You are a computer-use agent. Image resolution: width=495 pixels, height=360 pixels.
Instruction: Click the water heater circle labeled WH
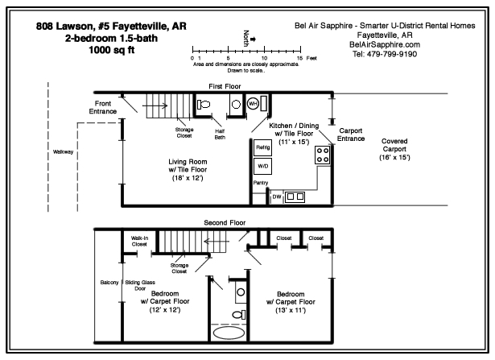point(253,104)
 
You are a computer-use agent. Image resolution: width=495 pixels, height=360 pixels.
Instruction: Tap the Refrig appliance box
point(262,147)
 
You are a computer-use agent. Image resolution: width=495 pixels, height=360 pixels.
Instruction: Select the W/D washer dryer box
point(262,166)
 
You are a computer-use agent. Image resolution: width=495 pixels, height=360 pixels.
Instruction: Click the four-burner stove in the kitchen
point(323,155)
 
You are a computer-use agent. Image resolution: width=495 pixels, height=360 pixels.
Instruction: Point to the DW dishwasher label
point(277,197)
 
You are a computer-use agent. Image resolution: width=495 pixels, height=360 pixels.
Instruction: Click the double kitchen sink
point(295,197)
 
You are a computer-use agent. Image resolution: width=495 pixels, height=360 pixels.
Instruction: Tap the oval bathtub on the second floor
point(229,333)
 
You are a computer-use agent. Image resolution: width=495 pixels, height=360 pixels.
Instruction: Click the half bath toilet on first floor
point(204,104)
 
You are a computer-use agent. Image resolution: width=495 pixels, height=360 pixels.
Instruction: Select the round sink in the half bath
point(236,104)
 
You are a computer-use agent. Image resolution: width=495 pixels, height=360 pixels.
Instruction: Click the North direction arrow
point(253,39)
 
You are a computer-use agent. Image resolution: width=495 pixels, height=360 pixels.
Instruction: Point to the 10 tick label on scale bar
point(264,58)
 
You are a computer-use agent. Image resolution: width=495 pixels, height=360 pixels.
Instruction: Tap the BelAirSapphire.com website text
point(385,44)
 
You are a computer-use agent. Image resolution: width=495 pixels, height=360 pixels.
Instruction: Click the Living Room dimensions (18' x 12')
point(188,178)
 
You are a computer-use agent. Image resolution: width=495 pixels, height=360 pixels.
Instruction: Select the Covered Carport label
point(394,145)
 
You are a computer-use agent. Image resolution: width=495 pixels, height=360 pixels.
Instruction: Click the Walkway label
point(63,152)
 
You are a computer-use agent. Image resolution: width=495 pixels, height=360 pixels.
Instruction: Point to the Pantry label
point(261,183)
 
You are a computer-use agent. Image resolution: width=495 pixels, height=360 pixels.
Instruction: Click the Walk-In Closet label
point(139,241)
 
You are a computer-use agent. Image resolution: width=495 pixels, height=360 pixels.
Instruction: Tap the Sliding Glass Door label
point(140,285)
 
